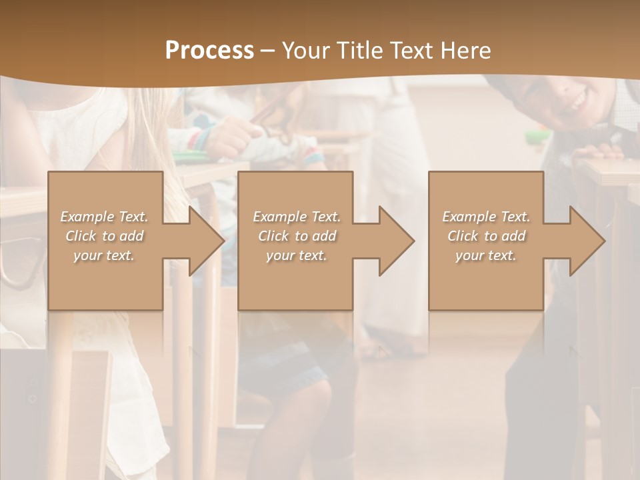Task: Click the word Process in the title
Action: pyautogui.click(x=209, y=51)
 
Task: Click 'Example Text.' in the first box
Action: pyautogui.click(x=104, y=217)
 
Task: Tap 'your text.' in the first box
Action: pyautogui.click(x=104, y=255)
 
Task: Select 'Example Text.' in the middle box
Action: pyautogui.click(x=297, y=217)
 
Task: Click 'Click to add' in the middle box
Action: pyautogui.click(x=297, y=236)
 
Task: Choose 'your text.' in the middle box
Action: pyautogui.click(x=297, y=255)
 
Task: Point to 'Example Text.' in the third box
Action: pyautogui.click(x=486, y=217)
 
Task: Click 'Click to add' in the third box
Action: pyautogui.click(x=486, y=236)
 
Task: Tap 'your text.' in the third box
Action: pyautogui.click(x=486, y=255)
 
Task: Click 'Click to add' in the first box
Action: pyautogui.click(x=104, y=236)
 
